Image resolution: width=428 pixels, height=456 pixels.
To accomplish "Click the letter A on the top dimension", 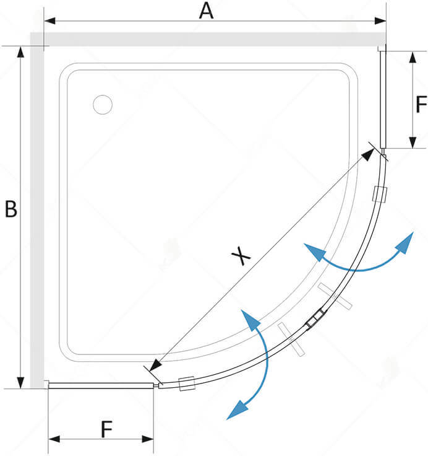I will pos(206,11).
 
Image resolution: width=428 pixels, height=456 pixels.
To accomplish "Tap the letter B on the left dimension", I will pos(11,209).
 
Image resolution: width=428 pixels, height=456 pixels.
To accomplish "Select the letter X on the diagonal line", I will pos(241,255).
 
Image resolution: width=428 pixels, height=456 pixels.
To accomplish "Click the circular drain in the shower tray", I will pos(103,104).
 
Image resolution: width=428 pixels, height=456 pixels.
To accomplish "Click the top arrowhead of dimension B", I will pos(21,51).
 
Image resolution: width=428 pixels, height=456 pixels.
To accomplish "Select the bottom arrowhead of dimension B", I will pos(21,382).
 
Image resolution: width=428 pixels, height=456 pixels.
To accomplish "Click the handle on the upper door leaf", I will pos(336,297).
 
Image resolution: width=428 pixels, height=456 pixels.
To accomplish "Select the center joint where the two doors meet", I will pos(315,318).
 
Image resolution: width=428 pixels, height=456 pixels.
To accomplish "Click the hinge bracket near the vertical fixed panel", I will pos(379,194).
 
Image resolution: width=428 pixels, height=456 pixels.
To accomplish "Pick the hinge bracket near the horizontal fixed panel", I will pos(186,384).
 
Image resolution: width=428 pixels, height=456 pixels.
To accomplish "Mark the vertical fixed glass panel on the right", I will pos(382,99).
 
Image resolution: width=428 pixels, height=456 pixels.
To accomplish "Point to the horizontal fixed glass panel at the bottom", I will pos(101,385).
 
